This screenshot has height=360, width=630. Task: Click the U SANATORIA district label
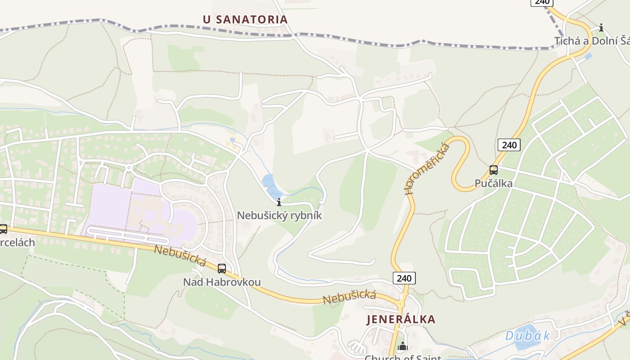pos(245,19)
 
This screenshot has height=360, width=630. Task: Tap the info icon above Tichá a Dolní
pos(601,28)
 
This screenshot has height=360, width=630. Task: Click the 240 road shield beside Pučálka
pos(509,145)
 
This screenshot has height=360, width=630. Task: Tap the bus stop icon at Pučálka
pos(494,170)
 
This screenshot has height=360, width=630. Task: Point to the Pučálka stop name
pos(494,184)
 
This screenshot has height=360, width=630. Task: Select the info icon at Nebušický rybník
pos(279,202)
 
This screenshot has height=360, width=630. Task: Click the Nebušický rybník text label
pos(279,216)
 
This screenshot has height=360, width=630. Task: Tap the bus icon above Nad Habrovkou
pos(221,269)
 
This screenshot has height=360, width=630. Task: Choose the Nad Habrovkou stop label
pos(221,282)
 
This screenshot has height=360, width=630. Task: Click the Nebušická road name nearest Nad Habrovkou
pos(180,255)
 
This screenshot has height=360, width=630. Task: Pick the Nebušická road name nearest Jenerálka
pos(349,297)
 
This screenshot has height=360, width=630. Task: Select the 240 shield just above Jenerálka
pos(404,278)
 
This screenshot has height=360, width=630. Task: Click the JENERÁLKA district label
pos(401,319)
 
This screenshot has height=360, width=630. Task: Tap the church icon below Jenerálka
pos(403,346)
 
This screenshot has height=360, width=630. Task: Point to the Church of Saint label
pos(402,357)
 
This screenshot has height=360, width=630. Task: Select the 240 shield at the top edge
pos(542,2)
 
